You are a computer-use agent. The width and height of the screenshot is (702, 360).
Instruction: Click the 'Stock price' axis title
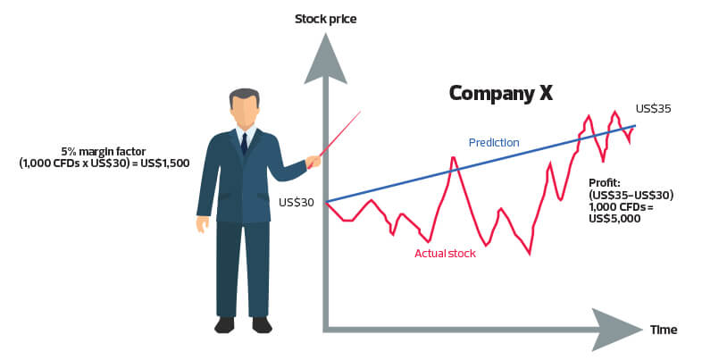(325, 20)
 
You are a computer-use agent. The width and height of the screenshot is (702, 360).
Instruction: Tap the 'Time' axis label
(664, 330)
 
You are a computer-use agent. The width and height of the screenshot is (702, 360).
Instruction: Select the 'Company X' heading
(500, 94)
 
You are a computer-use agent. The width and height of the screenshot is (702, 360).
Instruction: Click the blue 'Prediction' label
(494, 142)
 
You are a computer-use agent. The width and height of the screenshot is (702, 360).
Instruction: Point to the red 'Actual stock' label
(445, 254)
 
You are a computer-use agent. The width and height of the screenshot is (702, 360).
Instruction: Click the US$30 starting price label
(296, 203)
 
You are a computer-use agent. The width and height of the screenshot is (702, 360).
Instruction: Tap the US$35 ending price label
(653, 109)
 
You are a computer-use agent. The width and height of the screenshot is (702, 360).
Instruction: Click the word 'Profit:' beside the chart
(605, 183)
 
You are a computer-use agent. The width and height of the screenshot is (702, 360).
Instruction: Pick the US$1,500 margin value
(164, 163)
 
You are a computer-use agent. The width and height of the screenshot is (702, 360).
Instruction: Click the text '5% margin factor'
(104, 151)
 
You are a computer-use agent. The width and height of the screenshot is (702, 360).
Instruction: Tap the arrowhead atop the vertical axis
(325, 59)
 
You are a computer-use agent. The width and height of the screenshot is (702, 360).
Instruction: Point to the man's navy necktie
(244, 143)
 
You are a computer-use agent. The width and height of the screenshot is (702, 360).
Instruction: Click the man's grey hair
(244, 96)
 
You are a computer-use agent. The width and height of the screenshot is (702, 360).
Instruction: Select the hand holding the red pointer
(313, 161)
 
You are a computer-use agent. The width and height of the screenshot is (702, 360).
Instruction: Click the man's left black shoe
(224, 324)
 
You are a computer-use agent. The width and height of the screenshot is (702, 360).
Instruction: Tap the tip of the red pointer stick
(361, 112)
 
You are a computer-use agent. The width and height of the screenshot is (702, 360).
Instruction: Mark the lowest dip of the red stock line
(530, 255)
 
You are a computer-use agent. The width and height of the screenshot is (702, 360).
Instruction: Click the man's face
(245, 113)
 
